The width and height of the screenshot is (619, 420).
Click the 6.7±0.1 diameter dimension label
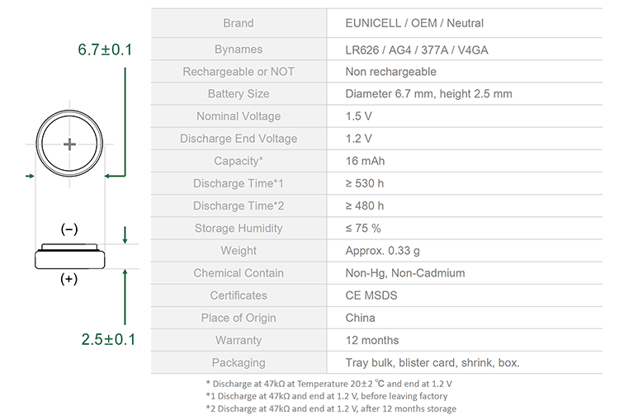pos(105,50)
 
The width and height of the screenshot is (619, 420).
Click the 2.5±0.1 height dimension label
pos(109,339)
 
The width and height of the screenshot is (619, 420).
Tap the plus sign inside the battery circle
pos(69,144)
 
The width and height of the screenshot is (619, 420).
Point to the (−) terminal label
pos(69,229)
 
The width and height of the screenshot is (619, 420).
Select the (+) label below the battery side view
pos(69,279)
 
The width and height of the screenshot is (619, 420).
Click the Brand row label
pos(239,23)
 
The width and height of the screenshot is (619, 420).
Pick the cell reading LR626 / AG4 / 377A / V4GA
pos(417,50)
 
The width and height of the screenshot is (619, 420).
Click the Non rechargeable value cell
pos(391,72)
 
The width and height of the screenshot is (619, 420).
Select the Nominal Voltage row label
pos(239,116)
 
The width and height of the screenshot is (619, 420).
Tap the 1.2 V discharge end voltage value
pos(358,139)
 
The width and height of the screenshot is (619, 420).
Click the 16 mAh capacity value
pos(365,161)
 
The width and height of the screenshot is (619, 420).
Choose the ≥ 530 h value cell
pos(365,183)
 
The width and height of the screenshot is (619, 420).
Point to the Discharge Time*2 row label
pos(239,205)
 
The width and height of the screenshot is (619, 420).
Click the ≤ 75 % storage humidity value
pos(363,229)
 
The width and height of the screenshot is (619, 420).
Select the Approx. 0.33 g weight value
pos(382,251)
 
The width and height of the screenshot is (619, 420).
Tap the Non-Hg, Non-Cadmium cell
pos(405,273)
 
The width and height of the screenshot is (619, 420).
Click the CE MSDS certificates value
pos(371,295)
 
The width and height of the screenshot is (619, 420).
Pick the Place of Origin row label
pos(239,318)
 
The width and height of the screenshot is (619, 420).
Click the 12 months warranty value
pos(372,340)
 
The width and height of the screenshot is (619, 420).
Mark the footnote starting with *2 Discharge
pos(331,408)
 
